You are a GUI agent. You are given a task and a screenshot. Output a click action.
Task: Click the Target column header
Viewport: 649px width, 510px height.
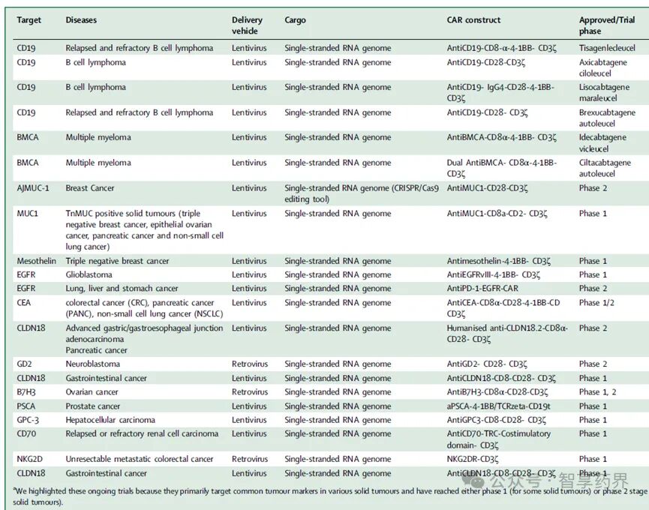[29, 19]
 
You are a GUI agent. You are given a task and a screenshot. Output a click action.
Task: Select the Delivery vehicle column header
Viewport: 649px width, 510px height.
[247, 25]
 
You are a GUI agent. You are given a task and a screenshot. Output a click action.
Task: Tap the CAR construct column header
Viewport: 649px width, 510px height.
[473, 19]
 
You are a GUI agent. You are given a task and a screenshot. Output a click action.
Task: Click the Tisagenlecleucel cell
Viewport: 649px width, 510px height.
[607, 48]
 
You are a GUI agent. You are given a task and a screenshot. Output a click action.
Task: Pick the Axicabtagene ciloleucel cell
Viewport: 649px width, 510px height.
[603, 67]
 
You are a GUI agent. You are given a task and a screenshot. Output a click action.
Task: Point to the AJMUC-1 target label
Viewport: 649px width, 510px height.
[33, 188]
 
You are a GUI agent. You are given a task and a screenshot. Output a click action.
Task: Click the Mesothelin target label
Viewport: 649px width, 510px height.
[37, 261]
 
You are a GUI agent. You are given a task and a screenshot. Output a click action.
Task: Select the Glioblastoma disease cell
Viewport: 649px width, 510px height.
[89, 274]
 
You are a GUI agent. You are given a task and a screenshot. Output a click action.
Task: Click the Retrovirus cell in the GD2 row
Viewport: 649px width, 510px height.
[250, 364]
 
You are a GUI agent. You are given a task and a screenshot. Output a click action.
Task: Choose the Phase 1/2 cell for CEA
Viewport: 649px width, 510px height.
[596, 303]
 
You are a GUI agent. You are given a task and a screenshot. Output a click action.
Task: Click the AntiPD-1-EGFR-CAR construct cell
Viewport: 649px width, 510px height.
[482, 288]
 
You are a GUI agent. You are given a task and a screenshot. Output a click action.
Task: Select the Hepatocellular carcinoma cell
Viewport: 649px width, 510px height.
[110, 420]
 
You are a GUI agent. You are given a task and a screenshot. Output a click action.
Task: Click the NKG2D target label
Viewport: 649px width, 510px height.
[30, 459]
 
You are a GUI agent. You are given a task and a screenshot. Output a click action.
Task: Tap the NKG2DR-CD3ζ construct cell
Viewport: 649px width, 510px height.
[473, 459]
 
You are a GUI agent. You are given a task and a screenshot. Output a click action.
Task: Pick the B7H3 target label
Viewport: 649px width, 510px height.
[26, 391]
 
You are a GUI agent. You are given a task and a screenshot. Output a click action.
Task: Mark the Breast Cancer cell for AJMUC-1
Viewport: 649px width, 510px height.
[90, 188]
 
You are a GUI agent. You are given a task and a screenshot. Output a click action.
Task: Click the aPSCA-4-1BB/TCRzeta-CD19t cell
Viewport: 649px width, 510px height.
[499, 406]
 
